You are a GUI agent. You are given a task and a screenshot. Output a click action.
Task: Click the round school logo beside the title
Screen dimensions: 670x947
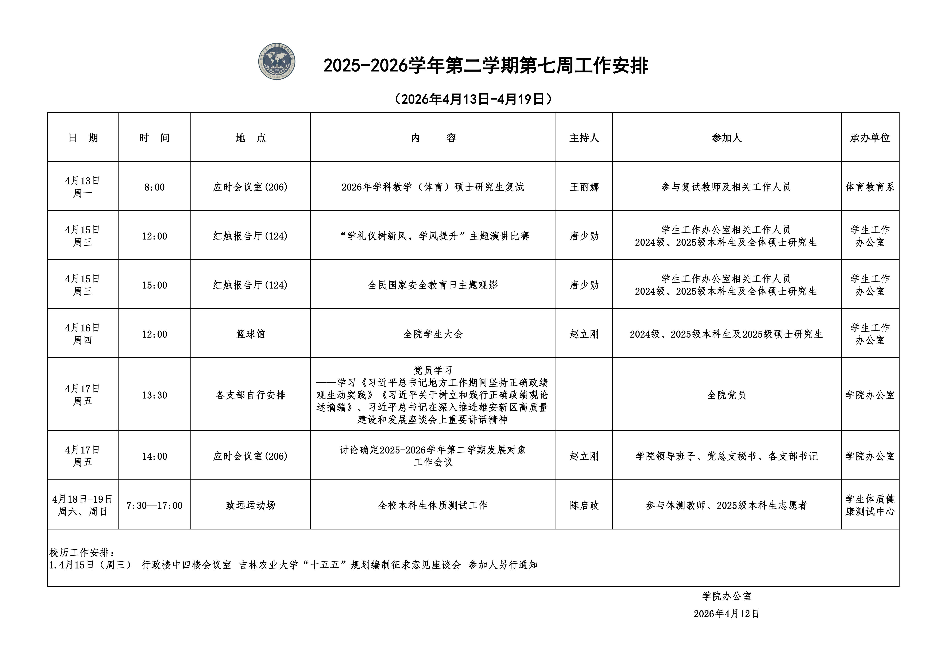[277, 61]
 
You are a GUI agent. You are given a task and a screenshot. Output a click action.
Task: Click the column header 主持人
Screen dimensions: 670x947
[584, 138]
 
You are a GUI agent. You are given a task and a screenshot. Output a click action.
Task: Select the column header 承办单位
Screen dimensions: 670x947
[870, 138]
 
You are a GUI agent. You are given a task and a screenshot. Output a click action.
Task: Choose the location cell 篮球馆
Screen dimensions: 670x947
[250, 334]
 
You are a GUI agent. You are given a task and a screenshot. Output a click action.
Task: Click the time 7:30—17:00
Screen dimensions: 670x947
[154, 505]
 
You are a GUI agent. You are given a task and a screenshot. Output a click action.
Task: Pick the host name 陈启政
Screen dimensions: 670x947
[584, 505]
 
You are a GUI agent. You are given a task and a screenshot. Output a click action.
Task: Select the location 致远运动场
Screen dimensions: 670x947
[250, 505]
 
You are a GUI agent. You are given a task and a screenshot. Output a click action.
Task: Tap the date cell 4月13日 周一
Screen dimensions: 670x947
[82, 187]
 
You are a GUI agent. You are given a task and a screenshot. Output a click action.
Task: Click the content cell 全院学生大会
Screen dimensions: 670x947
[433, 334]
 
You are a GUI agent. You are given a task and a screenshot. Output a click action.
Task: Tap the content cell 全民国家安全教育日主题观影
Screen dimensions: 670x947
[433, 285]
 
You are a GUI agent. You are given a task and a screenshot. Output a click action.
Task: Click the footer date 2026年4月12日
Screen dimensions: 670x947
[726, 613]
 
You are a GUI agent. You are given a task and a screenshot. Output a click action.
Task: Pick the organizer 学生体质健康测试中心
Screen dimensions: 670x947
[870, 505]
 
